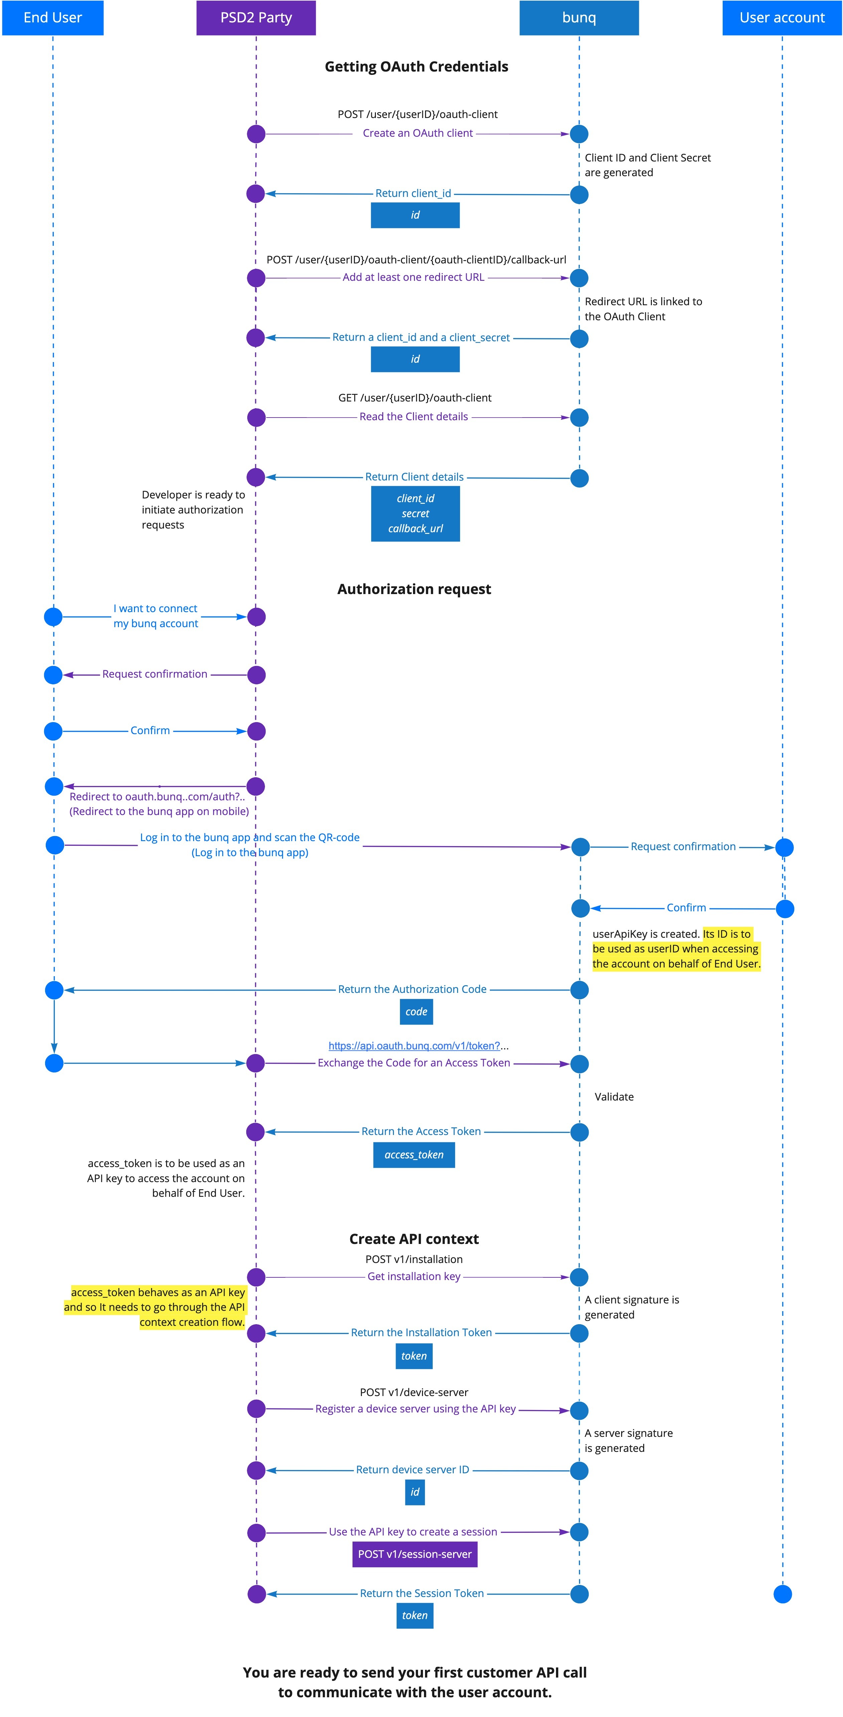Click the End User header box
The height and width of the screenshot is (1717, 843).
tap(53, 17)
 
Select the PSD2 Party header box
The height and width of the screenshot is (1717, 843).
tap(256, 17)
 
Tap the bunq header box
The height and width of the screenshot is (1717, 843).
tap(579, 17)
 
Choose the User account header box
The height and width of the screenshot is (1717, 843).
tap(783, 17)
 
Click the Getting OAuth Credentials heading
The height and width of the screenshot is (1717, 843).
tap(417, 67)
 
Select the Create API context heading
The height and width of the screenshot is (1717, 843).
tap(414, 1239)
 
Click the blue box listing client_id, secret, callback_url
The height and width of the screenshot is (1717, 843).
tap(415, 514)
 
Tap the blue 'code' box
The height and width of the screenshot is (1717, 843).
tap(417, 1012)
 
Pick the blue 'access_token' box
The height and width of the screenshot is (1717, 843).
tap(414, 1155)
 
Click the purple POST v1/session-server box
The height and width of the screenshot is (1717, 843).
tap(415, 1555)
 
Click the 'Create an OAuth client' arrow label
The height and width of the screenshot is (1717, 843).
tap(418, 133)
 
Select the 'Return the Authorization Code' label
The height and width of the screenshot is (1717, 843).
tap(413, 989)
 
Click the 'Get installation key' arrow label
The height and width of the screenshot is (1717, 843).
tap(414, 1276)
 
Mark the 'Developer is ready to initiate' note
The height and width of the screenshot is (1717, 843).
tap(193, 510)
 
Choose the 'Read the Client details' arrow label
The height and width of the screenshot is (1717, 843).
tap(414, 417)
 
